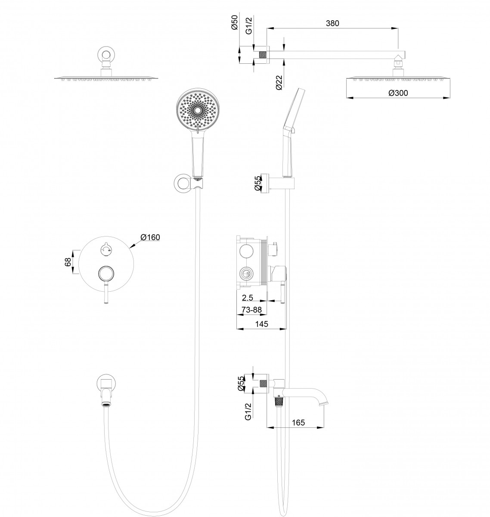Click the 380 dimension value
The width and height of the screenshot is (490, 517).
coord(332,23)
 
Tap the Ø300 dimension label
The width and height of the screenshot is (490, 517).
coord(398,93)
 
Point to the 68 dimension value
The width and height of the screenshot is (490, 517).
coord(68,262)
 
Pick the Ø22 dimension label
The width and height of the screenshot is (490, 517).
coord(279,82)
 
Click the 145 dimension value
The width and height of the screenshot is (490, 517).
coord(261,324)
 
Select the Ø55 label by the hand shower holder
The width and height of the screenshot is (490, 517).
coord(257,183)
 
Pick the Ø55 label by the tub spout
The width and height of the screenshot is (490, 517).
coord(241,383)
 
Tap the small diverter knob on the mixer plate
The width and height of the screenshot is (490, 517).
coord(105,248)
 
